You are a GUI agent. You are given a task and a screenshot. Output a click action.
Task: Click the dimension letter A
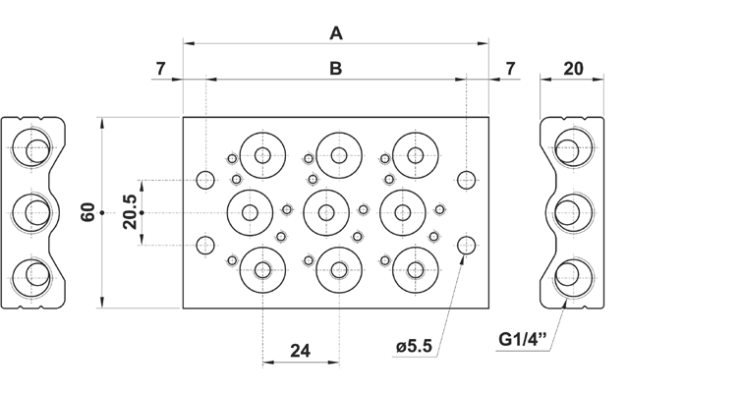336,33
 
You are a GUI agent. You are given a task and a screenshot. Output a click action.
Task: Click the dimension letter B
336,69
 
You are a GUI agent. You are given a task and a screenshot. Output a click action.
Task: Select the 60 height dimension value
87,212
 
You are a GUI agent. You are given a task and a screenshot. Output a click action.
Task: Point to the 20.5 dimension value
129,212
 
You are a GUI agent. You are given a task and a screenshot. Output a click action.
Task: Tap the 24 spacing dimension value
301,350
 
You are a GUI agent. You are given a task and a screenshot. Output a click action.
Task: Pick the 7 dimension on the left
160,69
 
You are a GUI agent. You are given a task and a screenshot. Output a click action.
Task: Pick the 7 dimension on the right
510,69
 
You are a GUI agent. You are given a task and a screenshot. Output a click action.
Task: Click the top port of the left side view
34,150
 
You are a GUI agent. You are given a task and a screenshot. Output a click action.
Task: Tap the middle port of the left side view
34,211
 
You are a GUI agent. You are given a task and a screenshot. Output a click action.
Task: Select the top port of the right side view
567,150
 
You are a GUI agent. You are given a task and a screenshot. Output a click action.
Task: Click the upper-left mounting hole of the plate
205,179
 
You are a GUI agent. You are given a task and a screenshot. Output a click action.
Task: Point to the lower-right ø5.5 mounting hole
468,246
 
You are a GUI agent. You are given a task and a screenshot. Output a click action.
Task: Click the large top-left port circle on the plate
262,154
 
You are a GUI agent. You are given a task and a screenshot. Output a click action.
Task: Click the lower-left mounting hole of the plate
205,246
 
